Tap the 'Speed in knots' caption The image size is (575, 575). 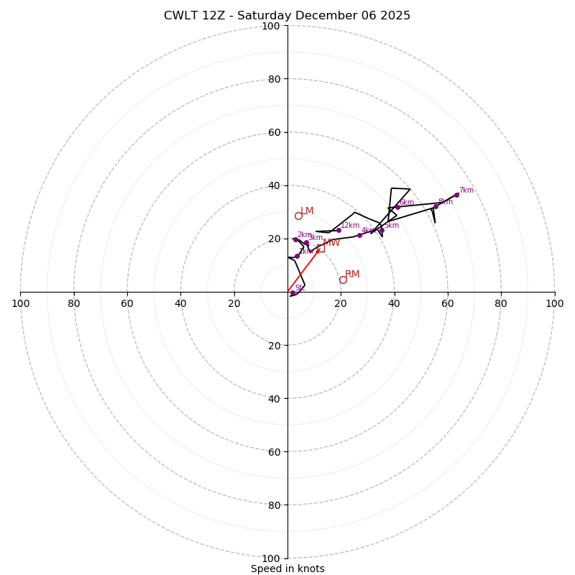coord(287,569)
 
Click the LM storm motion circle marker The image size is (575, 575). coord(298,216)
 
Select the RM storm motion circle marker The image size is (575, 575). coord(343,280)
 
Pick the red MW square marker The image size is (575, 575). coord(320,248)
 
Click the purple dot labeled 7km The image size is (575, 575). coord(456,195)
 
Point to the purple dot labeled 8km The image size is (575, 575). coord(436,207)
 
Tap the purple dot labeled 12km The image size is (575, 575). coord(339,230)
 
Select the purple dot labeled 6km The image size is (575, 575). coord(397,207)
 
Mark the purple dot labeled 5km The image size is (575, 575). coord(382,230)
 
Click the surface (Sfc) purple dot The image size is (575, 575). coord(293,293)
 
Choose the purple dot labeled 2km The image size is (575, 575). coord(295,240)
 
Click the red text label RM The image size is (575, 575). coord(352,275)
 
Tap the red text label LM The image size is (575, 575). coord(307,211)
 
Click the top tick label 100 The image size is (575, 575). coord(270,26)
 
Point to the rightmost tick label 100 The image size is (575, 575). coord(554,303)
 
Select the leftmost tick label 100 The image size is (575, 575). coord(20,303)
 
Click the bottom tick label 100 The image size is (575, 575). coord(270,558)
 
